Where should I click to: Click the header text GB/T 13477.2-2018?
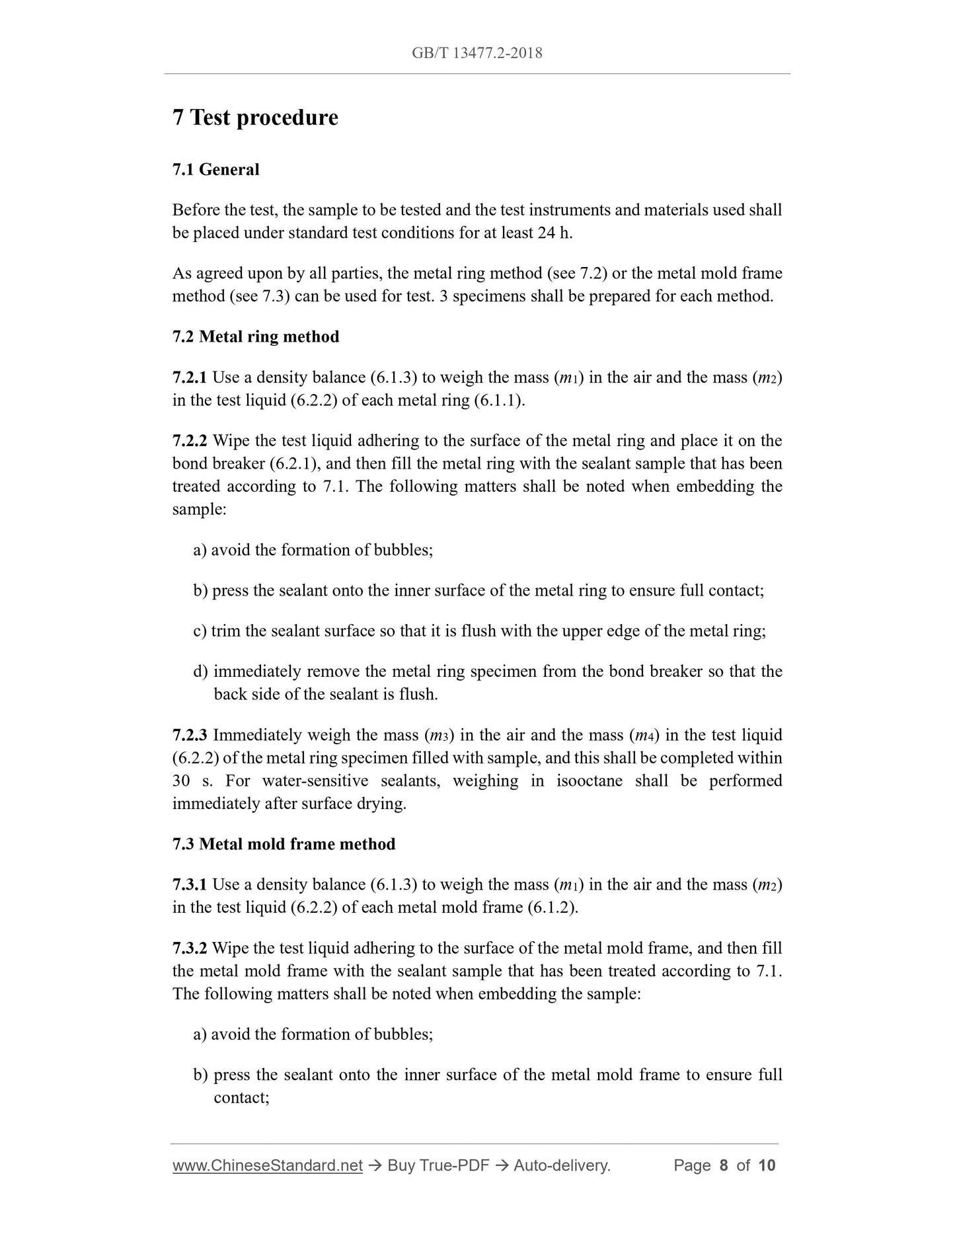pos(477,54)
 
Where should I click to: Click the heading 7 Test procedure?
pos(255,118)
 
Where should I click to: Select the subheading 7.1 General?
pos(215,170)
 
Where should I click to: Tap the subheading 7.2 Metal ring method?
pos(256,336)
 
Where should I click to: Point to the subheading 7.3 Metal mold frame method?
pos(284,844)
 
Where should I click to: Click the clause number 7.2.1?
pos(189,377)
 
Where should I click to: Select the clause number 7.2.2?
pos(189,441)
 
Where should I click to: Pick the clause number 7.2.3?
pos(189,735)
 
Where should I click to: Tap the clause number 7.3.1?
pos(189,884)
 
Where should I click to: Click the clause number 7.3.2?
pos(189,948)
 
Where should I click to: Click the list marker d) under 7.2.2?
pos(200,672)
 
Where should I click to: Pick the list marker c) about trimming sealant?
pos(200,631)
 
